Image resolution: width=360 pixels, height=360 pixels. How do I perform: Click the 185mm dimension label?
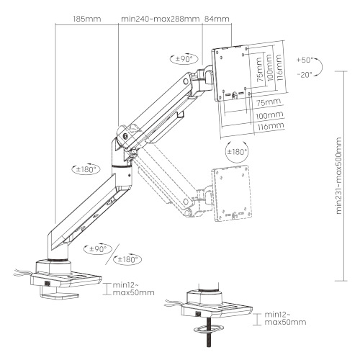point(87,19)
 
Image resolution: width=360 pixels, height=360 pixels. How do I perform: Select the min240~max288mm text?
point(160,19)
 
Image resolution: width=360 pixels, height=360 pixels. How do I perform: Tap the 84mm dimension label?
point(217,19)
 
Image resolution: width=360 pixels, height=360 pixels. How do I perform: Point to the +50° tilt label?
point(305,60)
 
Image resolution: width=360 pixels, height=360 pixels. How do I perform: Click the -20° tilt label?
point(305,75)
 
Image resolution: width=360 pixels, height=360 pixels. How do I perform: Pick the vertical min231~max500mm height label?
point(338,176)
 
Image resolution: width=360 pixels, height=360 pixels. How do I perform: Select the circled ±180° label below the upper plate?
point(237,152)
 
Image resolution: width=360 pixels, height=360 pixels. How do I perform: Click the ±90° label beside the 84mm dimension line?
point(184,59)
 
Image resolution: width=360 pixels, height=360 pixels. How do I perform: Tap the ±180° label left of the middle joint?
point(86,169)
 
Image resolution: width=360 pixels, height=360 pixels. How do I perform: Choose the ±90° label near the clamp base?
point(98,249)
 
